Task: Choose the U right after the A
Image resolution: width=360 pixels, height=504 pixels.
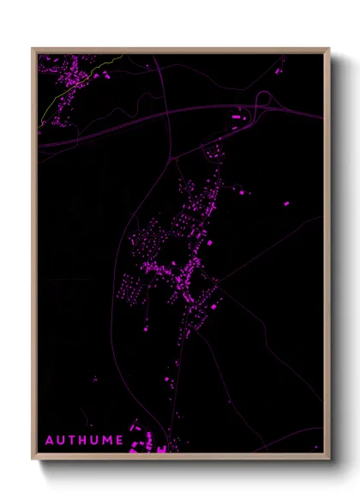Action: [60, 441]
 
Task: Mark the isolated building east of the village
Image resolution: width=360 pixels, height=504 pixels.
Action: [286, 203]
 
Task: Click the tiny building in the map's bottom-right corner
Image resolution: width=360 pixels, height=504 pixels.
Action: [315, 446]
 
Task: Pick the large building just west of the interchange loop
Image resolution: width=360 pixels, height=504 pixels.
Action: [237, 116]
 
